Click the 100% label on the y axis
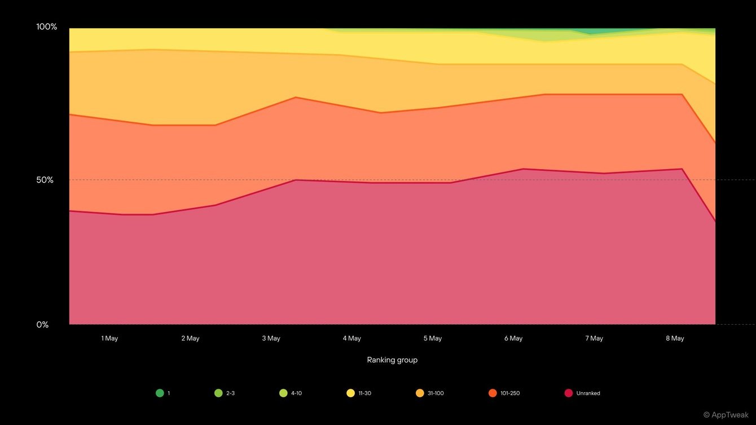pyautogui.click(x=47, y=27)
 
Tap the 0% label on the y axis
pyautogui.click(x=43, y=325)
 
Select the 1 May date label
pyautogui.click(x=109, y=339)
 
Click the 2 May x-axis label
pyautogui.click(x=190, y=339)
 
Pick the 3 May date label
pyautogui.click(x=271, y=339)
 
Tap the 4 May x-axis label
pyautogui.click(x=351, y=339)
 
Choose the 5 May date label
pyautogui.click(x=433, y=339)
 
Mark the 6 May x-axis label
pyautogui.click(x=513, y=339)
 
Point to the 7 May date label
pyautogui.click(x=594, y=339)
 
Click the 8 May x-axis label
pyautogui.click(x=675, y=339)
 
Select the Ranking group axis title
pyautogui.click(x=392, y=360)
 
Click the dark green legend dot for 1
pyautogui.click(x=160, y=393)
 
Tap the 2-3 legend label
pyautogui.click(x=230, y=393)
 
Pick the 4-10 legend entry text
pyautogui.click(x=296, y=393)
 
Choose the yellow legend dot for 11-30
pyautogui.click(x=350, y=393)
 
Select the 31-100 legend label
pyautogui.click(x=436, y=393)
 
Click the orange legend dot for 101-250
pyautogui.click(x=493, y=393)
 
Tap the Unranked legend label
pyautogui.click(x=588, y=393)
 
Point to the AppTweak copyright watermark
pyautogui.click(x=726, y=415)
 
